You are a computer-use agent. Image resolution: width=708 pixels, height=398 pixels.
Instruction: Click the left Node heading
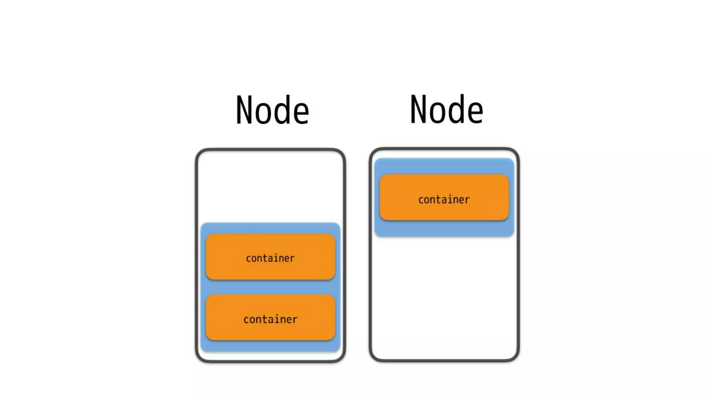[x=272, y=110]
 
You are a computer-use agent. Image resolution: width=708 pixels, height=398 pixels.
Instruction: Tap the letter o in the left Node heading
[x=263, y=114]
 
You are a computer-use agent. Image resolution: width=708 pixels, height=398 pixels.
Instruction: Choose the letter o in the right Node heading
[x=437, y=113]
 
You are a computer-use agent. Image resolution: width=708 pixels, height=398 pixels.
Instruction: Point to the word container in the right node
[x=444, y=200]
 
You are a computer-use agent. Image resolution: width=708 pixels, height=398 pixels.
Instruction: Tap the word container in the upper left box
[x=270, y=258]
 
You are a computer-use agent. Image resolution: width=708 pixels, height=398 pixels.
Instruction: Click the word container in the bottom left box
[x=270, y=319]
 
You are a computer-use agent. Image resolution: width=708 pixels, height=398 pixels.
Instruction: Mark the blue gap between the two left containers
[x=270, y=287]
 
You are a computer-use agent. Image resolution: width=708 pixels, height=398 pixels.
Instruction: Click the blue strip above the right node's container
[x=444, y=166]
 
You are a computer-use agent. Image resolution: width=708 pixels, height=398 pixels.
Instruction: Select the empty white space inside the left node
[x=270, y=187]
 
